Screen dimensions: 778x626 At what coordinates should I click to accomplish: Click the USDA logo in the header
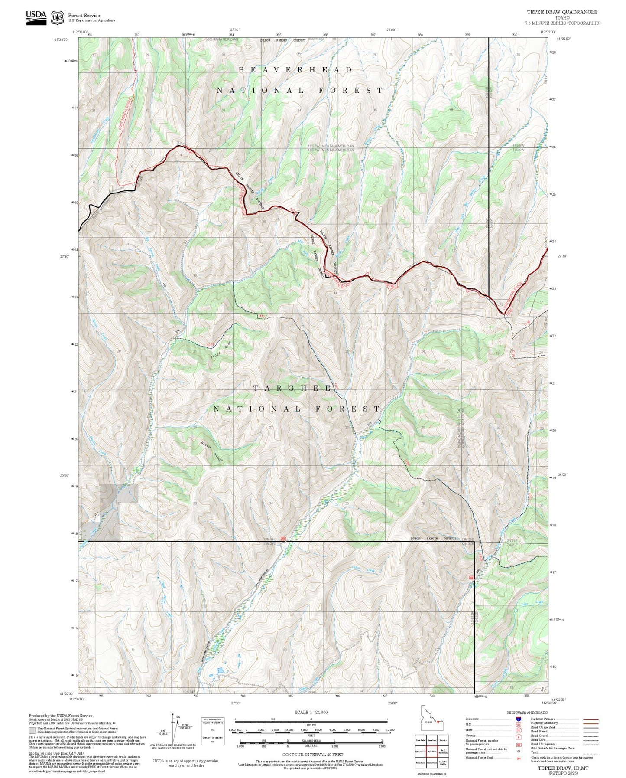click(x=36, y=17)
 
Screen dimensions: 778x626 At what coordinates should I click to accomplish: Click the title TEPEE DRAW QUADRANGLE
click(x=562, y=12)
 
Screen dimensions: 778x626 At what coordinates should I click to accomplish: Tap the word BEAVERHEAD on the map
click(x=295, y=70)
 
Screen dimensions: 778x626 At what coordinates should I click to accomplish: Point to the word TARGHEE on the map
click(x=292, y=388)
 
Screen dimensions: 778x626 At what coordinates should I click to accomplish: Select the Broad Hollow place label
click(x=211, y=452)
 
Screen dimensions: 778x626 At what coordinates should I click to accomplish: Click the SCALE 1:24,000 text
click(x=311, y=712)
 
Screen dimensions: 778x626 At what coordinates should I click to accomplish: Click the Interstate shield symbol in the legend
click(x=519, y=719)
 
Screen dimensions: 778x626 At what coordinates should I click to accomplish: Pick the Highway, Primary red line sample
click(x=591, y=719)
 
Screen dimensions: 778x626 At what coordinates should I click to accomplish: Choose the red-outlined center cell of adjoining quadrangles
click(x=431, y=751)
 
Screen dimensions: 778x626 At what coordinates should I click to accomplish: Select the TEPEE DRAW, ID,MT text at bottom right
click(x=563, y=768)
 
